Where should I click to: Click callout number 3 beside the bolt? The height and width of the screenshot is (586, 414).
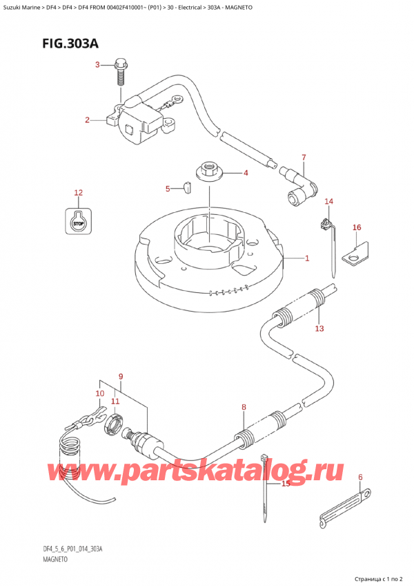coord(98,66)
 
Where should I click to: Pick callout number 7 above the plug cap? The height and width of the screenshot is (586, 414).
coord(303,158)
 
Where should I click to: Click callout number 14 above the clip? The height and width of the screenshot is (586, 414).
coord(329,201)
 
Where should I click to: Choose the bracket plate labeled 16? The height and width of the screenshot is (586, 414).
coord(357,255)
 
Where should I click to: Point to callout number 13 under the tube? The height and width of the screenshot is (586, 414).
coord(319,328)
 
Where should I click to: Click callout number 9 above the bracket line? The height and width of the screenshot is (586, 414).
coord(120,377)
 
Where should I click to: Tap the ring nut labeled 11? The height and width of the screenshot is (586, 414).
coord(113,423)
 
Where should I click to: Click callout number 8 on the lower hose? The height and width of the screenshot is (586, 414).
coord(244,408)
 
